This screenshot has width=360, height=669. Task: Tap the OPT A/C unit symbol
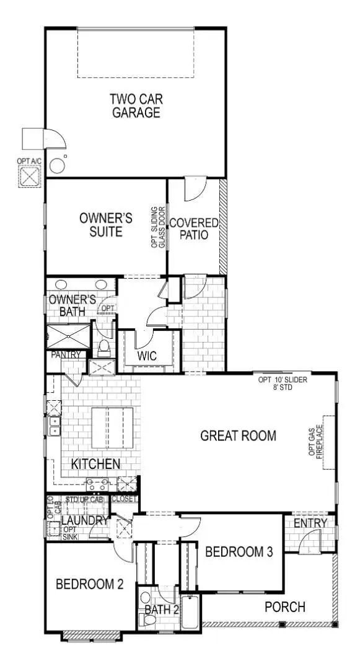tap(29, 176)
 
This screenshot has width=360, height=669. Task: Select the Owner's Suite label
tap(105, 225)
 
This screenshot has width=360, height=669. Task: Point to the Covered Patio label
tap(194, 229)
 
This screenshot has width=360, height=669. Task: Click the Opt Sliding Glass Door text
tap(159, 227)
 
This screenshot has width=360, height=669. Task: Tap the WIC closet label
tap(147, 356)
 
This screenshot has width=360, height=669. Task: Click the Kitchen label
tap(95, 464)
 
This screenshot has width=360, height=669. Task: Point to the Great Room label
tap(238, 435)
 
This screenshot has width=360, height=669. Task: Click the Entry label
tap(310, 523)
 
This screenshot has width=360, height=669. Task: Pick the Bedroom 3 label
tap(239, 552)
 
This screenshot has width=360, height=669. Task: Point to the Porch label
tap(285, 606)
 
